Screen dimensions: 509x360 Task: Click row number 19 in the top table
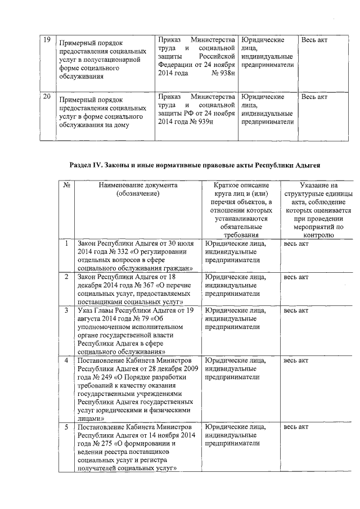pyautogui.click(x=47, y=40)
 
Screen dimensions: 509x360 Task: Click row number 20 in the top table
pyautogui.click(x=47, y=97)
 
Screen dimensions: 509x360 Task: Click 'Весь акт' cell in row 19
pyautogui.click(x=314, y=40)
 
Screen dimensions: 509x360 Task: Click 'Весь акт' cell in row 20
pyautogui.click(x=314, y=97)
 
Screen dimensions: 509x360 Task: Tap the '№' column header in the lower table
pyautogui.click(x=66, y=185)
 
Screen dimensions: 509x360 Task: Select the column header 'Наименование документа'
pyautogui.click(x=138, y=185)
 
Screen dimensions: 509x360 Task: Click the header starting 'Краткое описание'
pyautogui.click(x=241, y=185)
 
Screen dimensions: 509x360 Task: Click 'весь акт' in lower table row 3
pyautogui.click(x=296, y=310)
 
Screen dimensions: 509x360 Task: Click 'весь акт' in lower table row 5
pyautogui.click(x=296, y=427)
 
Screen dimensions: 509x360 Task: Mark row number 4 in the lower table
pyautogui.click(x=66, y=360)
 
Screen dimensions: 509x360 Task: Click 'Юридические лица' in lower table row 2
pyautogui.click(x=236, y=277)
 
